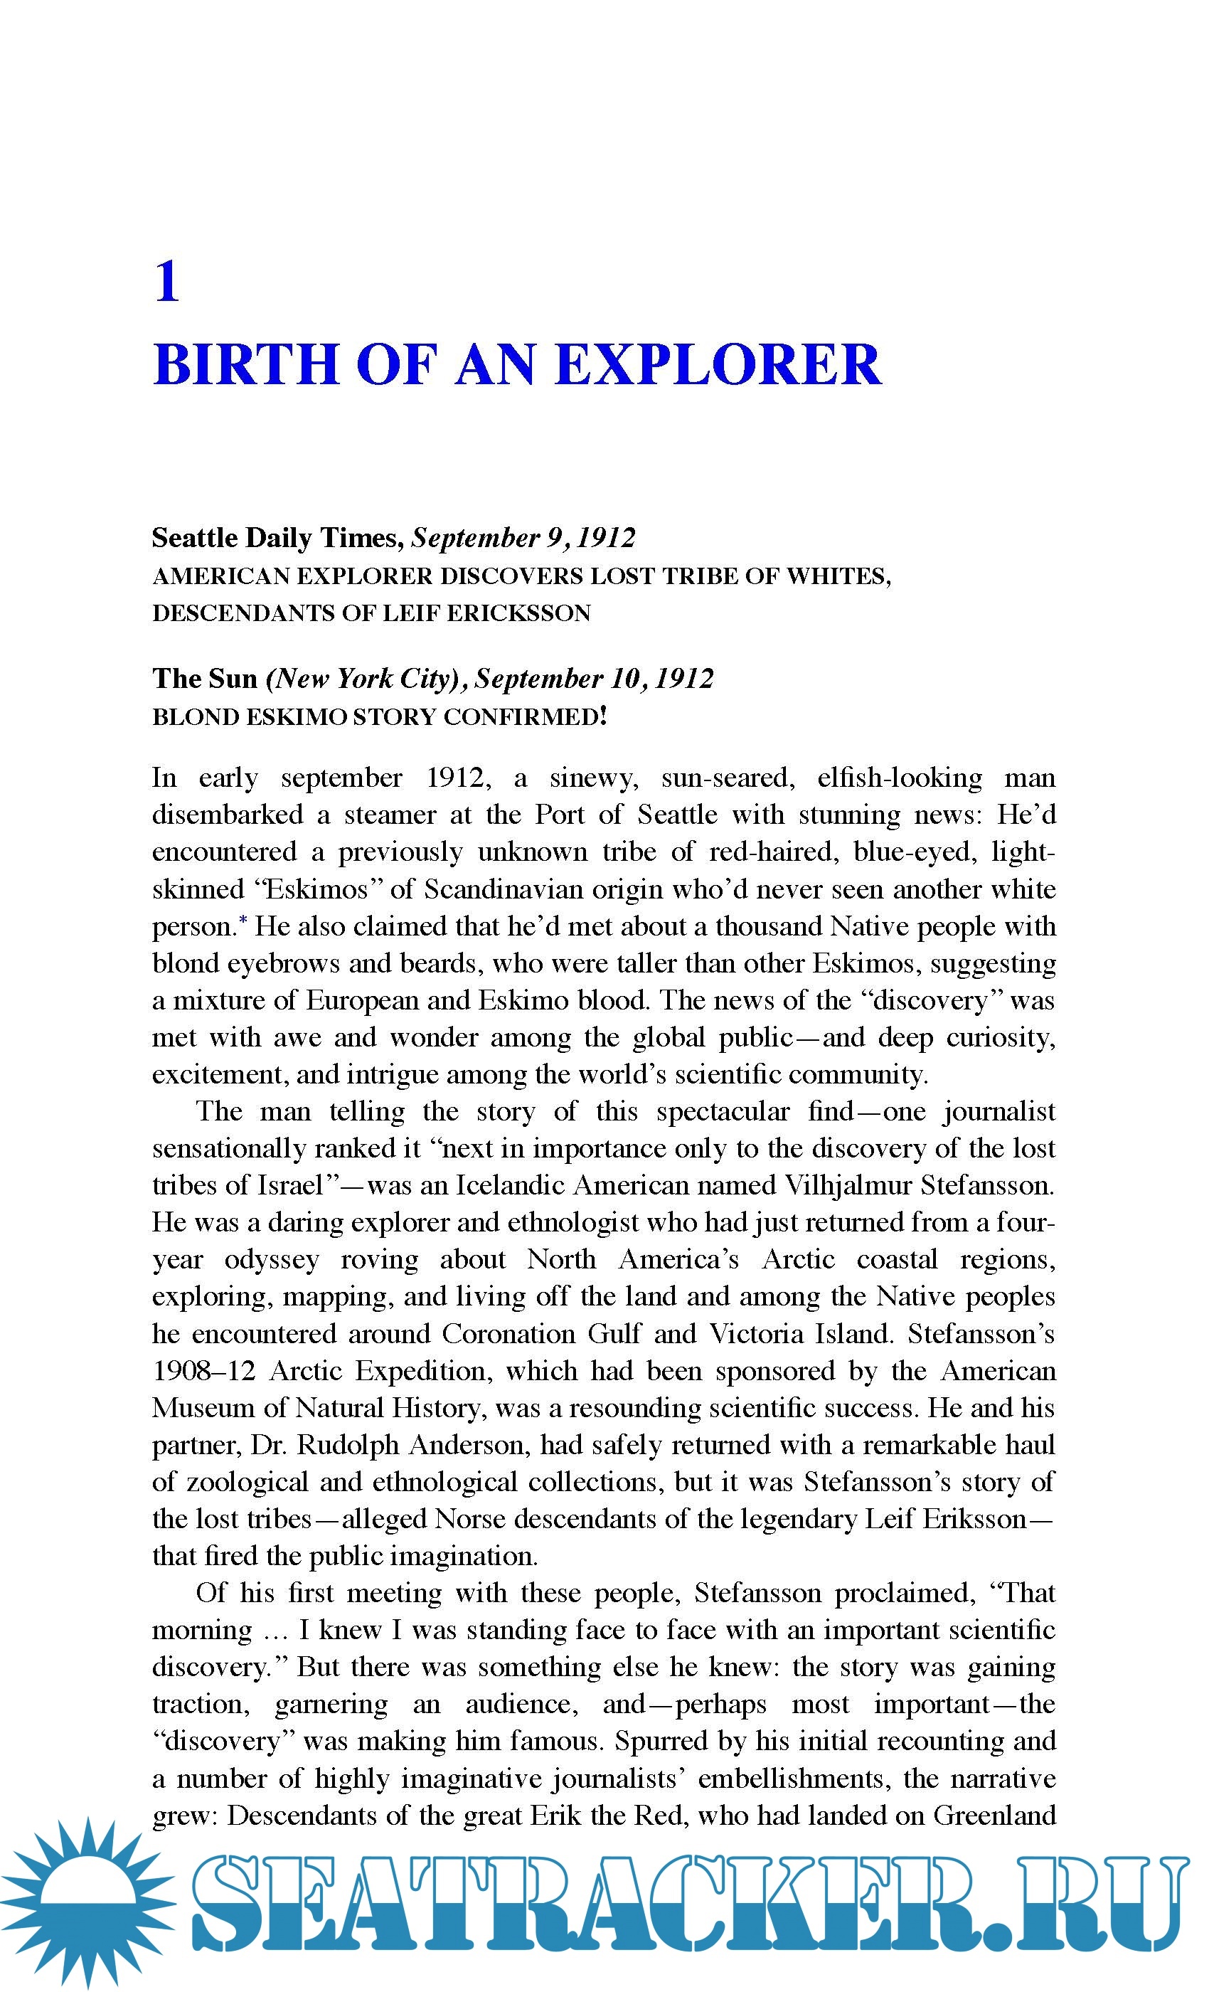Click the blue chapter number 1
pos(166,282)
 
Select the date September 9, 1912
pos(523,538)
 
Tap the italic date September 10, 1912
pos(594,678)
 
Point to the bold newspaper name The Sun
pos(205,678)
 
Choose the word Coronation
pos(509,1334)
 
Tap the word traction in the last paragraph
pos(201,1704)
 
